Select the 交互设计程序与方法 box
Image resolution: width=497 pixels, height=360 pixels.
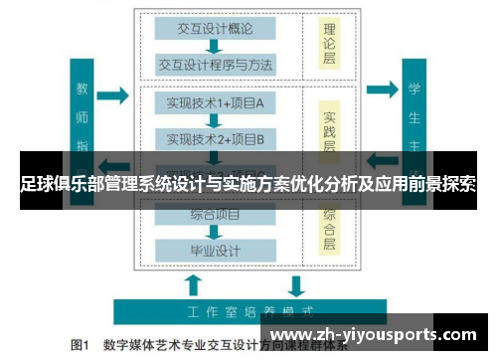(x=215, y=65)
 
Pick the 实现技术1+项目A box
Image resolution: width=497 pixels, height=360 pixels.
(x=215, y=102)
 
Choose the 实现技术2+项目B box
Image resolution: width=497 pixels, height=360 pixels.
(x=215, y=138)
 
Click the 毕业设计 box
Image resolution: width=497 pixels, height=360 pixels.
(x=215, y=249)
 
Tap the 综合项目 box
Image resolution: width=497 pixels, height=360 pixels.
(x=215, y=214)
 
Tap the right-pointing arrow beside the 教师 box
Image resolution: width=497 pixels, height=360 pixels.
(x=114, y=96)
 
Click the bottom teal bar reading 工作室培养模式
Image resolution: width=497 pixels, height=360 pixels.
(x=248, y=310)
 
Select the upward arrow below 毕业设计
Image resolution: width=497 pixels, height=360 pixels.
(x=195, y=284)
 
